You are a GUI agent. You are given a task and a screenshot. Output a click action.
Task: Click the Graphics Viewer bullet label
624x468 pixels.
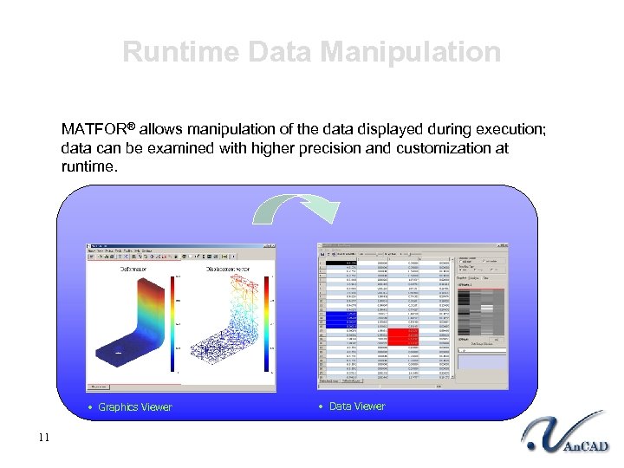[x=135, y=407]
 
